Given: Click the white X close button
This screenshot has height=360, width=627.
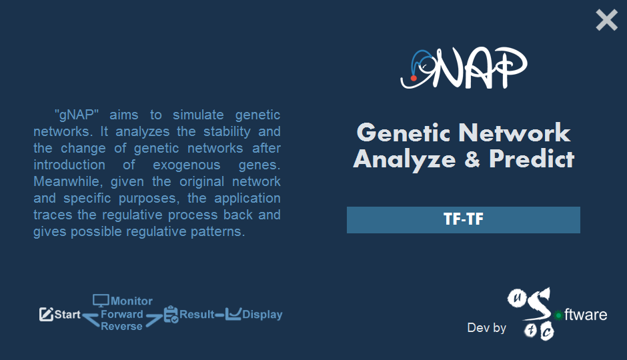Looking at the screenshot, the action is point(606,21).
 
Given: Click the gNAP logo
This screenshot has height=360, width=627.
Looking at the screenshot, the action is point(464,68).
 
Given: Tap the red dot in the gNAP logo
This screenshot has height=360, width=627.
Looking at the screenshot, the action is point(414,78).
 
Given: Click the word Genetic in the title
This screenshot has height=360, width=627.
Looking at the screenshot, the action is point(404,132).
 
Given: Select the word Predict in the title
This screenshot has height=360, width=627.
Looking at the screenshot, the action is point(532,159).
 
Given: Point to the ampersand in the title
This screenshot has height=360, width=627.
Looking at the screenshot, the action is point(472,159).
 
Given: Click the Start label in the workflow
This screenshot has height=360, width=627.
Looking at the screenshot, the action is point(67,315).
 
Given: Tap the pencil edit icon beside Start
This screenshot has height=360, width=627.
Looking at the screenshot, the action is point(46,315).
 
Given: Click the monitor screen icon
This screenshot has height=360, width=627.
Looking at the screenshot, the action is point(101,301).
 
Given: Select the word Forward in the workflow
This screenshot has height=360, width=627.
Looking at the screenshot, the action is point(121,314).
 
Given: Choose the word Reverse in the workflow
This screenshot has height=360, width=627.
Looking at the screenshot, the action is point(121,326).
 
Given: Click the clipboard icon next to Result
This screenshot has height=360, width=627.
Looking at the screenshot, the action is point(171,315).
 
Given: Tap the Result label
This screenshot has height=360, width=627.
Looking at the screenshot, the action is point(197,315).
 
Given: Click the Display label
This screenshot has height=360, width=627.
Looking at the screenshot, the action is point(262,315).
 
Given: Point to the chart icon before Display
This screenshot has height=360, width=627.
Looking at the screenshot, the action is point(233,314).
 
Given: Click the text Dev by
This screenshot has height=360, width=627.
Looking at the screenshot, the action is point(487,327).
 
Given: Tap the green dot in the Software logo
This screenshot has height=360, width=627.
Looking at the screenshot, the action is point(558,315).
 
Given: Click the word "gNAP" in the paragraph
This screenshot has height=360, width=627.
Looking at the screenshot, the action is point(77,115).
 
